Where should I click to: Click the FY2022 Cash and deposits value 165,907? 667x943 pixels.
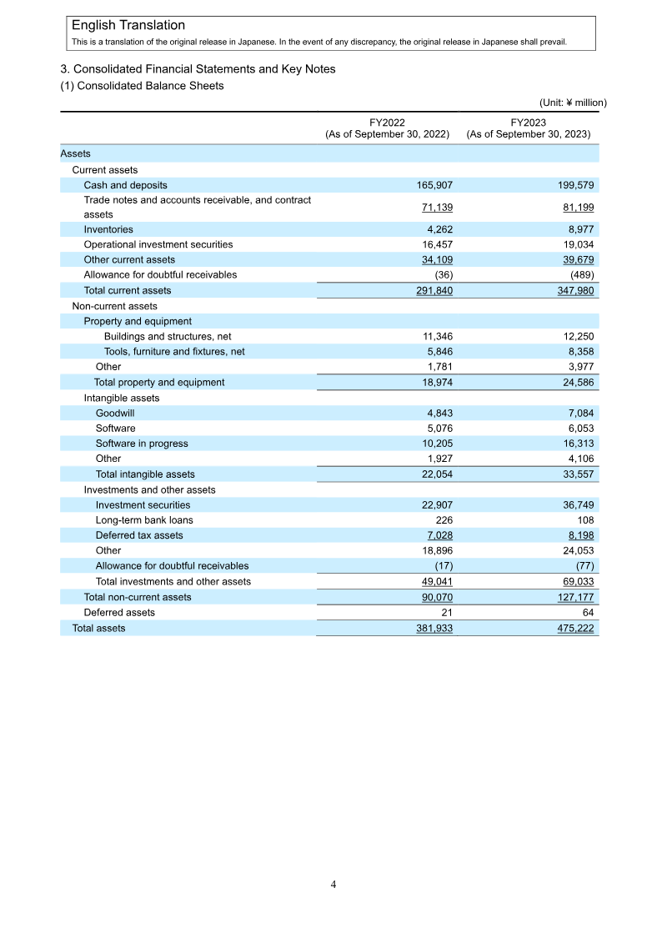[434, 185]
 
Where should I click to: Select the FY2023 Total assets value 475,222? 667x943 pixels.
[575, 628]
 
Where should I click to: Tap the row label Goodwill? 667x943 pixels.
[115, 414]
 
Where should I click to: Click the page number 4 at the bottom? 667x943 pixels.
[333, 885]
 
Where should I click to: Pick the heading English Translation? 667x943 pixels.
[128, 26]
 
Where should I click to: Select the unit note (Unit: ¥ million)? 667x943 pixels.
[573, 103]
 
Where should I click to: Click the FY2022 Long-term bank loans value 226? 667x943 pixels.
[444, 520]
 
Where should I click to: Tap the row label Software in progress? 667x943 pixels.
[142, 444]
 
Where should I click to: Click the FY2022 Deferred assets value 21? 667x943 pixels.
[446, 613]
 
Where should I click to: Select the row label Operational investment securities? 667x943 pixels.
[158, 245]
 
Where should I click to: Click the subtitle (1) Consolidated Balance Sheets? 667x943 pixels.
[142, 86]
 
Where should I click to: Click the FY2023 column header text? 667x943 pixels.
[529, 128]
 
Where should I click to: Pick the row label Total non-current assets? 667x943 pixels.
[138, 597]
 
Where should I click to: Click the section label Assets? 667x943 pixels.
[76, 153]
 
